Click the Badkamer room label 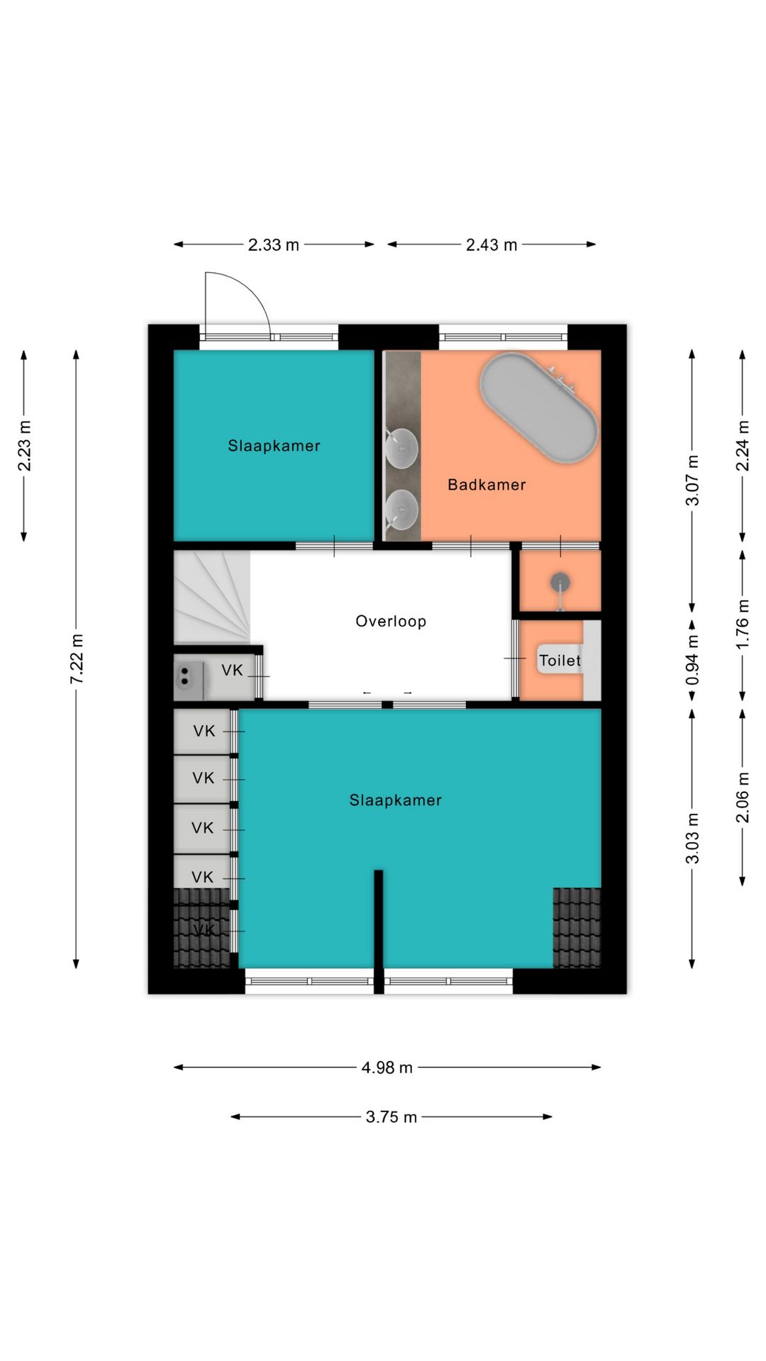point(487,485)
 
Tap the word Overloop point(391,622)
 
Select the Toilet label point(560,661)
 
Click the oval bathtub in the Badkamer point(539,408)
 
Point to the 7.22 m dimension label point(77,659)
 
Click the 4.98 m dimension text point(387,1068)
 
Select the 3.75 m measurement point(392,1117)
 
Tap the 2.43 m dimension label point(492,245)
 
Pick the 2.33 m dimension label point(274,245)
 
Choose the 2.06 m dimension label point(743,797)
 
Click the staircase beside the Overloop point(212,597)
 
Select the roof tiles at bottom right point(577,927)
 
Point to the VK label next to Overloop point(232,671)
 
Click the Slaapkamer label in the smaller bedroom point(274,446)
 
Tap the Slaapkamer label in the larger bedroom point(396,800)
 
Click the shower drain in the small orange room point(560,583)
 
